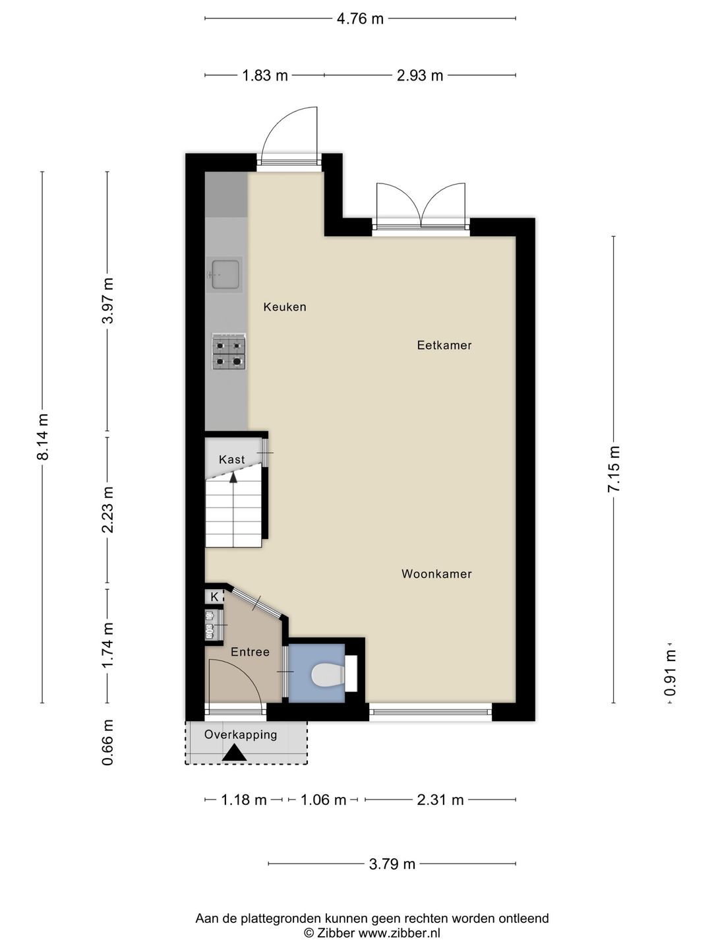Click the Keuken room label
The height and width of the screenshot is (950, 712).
[285, 307]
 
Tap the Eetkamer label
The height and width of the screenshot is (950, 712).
[444, 345]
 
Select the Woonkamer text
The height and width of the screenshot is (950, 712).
[436, 574]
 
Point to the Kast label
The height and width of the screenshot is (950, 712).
[231, 459]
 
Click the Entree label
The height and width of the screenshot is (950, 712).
[250, 652]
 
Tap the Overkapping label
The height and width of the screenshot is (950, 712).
[241, 734]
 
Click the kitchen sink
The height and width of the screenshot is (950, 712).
[224, 274]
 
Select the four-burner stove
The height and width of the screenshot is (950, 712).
[229, 351]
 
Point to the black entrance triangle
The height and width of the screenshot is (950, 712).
[234, 753]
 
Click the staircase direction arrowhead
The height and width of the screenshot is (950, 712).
[233, 477]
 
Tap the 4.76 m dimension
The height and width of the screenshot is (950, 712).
[360, 18]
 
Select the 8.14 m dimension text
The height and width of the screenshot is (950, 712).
[44, 436]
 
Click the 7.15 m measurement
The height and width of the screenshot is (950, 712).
[614, 468]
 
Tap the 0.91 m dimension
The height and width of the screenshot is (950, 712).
[670, 673]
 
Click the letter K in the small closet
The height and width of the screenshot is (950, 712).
[214, 597]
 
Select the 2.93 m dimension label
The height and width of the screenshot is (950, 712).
[420, 76]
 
